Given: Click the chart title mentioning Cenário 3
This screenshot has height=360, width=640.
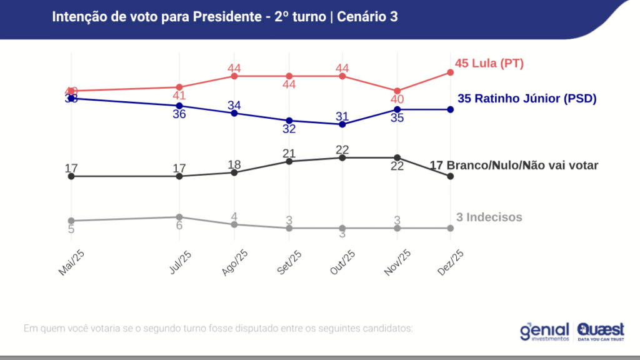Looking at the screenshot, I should click(225, 17).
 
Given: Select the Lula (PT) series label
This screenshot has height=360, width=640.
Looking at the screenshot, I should click(489, 63).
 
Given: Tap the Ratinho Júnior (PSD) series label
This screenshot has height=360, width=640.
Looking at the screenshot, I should click(527, 98).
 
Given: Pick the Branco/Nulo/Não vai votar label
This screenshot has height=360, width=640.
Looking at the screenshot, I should click(514, 165).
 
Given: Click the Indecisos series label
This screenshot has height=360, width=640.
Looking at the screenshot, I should click(489, 217).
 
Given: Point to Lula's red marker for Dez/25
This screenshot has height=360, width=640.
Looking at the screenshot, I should click(450, 72).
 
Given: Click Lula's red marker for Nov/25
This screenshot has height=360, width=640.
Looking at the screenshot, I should click(397, 91).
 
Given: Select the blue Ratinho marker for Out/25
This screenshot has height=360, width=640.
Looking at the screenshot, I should click(342, 124).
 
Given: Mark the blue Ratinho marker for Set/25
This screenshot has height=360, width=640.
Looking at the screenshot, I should click(289, 121).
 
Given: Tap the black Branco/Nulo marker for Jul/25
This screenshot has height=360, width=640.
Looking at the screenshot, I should click(179, 176).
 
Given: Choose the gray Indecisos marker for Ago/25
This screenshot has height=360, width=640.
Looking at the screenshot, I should click(234, 224).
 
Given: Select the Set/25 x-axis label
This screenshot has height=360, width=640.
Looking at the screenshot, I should click(289, 262).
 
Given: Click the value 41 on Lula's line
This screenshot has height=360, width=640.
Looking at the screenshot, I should click(179, 96).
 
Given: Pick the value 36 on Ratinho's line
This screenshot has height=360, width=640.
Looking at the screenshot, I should click(179, 114).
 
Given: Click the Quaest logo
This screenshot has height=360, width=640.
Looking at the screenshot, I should click(601, 331).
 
